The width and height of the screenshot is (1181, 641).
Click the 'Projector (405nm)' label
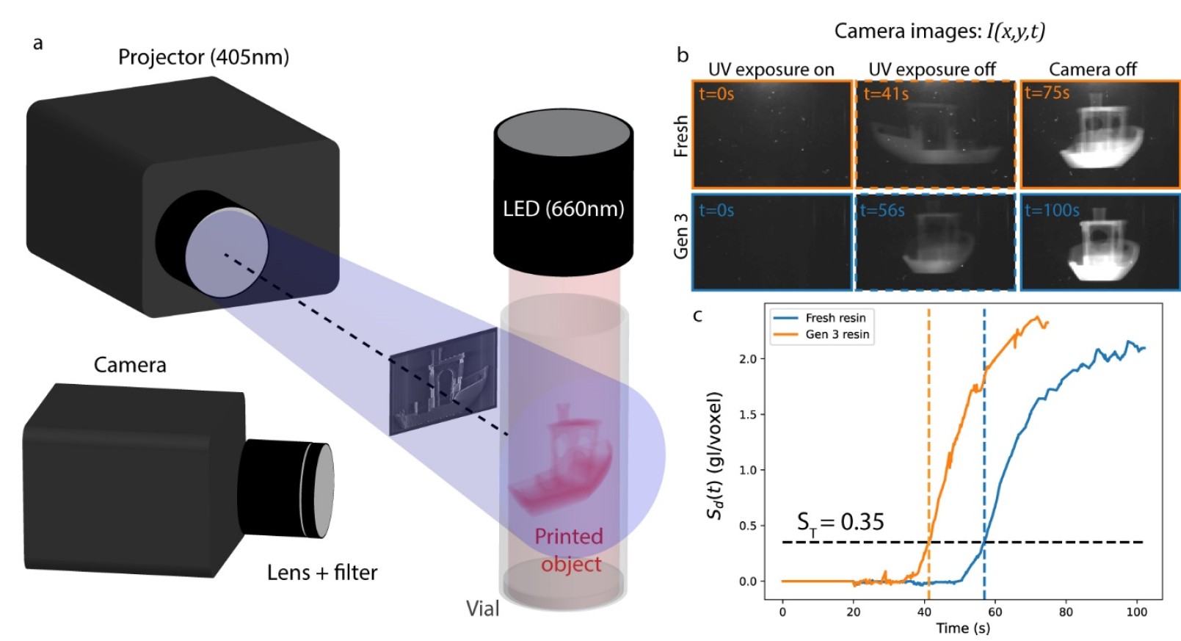tap(203, 57)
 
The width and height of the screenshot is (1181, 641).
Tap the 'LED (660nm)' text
tap(563, 209)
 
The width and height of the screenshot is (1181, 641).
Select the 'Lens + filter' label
tap(322, 572)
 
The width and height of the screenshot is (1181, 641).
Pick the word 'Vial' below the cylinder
tap(482, 608)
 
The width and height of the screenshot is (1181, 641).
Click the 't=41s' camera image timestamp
tap(886, 94)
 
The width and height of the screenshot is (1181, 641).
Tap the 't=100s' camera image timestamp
tap(1052, 211)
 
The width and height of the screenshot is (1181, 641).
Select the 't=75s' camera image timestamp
tap(1047, 93)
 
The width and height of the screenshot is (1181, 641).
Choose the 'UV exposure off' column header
tap(931, 69)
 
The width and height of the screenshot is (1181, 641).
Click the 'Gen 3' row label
tap(681, 236)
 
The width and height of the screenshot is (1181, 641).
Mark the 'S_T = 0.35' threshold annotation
tap(840, 522)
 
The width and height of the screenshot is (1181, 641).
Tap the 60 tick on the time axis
tap(995, 612)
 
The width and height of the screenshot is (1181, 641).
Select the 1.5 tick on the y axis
tap(747, 415)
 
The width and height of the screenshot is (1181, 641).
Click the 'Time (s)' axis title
tap(962, 628)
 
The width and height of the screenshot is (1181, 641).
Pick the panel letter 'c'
tap(697, 316)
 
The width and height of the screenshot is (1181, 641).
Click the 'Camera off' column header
tap(1092, 69)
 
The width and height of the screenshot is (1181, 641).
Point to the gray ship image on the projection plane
tap(443, 381)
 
